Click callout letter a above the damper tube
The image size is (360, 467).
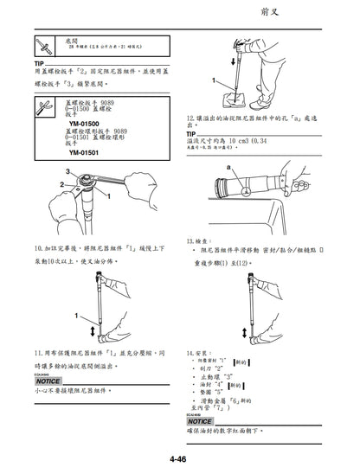pos(228,164)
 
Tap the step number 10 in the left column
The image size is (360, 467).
pos(38,247)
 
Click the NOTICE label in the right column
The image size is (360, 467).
pos(200,421)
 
